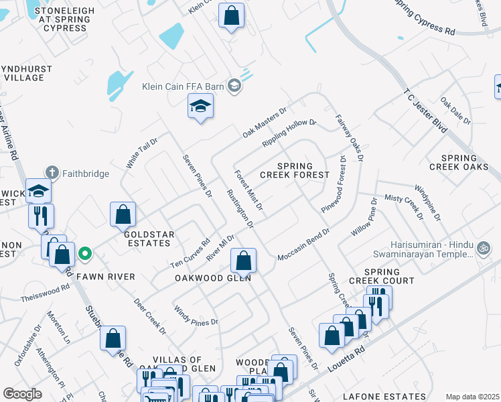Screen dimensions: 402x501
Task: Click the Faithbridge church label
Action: (x=86, y=174)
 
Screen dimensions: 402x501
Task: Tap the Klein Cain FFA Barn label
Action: (x=182, y=86)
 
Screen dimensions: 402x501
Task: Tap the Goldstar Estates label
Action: (x=147, y=239)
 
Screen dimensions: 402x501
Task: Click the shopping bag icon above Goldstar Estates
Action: (x=123, y=214)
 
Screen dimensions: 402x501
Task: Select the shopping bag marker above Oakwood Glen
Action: (x=244, y=260)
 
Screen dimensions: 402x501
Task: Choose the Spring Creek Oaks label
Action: (x=459, y=162)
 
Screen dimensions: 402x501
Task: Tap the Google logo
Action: (x=22, y=394)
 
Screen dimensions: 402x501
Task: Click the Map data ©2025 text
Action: (x=472, y=397)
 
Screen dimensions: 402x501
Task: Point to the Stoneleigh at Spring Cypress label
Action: (x=62, y=19)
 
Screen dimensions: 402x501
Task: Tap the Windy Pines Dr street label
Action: (x=196, y=316)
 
